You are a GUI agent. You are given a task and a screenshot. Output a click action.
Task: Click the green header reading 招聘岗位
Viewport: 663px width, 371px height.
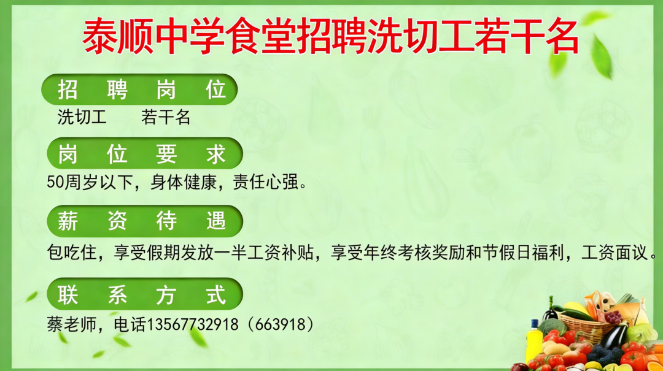(139, 90)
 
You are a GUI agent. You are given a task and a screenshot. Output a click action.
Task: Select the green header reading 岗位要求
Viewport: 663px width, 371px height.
(142, 154)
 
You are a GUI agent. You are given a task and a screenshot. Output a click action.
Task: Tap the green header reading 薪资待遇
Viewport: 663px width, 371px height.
(142, 221)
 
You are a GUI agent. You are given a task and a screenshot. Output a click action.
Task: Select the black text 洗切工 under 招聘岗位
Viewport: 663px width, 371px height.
(82, 117)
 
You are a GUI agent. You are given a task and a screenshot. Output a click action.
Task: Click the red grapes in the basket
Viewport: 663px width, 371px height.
(612, 317)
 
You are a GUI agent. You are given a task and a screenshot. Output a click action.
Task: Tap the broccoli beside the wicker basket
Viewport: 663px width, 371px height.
(552, 327)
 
